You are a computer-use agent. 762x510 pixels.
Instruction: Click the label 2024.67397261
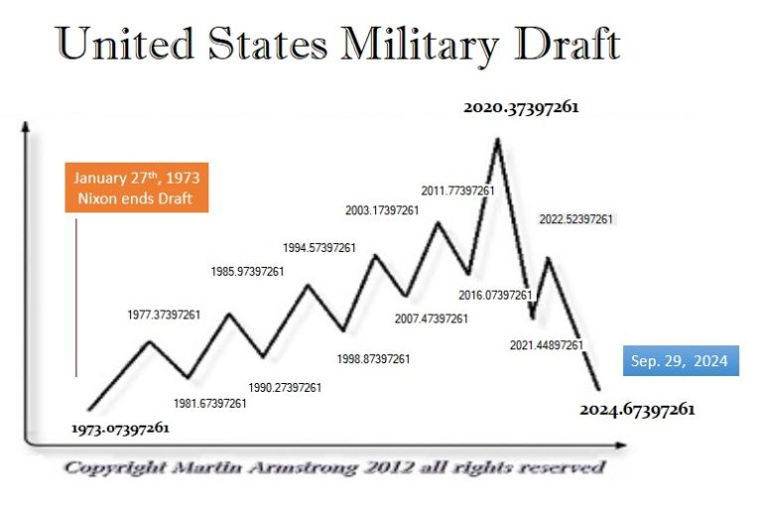point(637,409)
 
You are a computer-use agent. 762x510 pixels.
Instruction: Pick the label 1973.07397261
point(120,429)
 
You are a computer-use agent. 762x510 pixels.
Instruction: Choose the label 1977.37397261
point(164,315)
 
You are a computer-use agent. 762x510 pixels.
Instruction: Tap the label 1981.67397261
point(209,404)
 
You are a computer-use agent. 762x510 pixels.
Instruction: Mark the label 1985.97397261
point(247,271)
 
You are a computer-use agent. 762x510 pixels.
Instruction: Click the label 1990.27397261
point(284,387)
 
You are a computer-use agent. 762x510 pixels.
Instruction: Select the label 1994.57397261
point(319,248)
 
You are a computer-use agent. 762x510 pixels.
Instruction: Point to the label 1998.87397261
point(373,358)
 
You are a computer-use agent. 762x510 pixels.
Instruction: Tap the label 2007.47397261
point(431,319)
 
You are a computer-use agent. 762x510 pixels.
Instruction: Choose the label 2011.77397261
point(458,191)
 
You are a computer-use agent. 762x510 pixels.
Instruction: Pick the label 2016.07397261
point(497,295)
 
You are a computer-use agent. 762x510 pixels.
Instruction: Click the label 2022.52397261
point(575,219)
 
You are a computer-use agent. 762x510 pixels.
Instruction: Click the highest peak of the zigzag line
point(497,138)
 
